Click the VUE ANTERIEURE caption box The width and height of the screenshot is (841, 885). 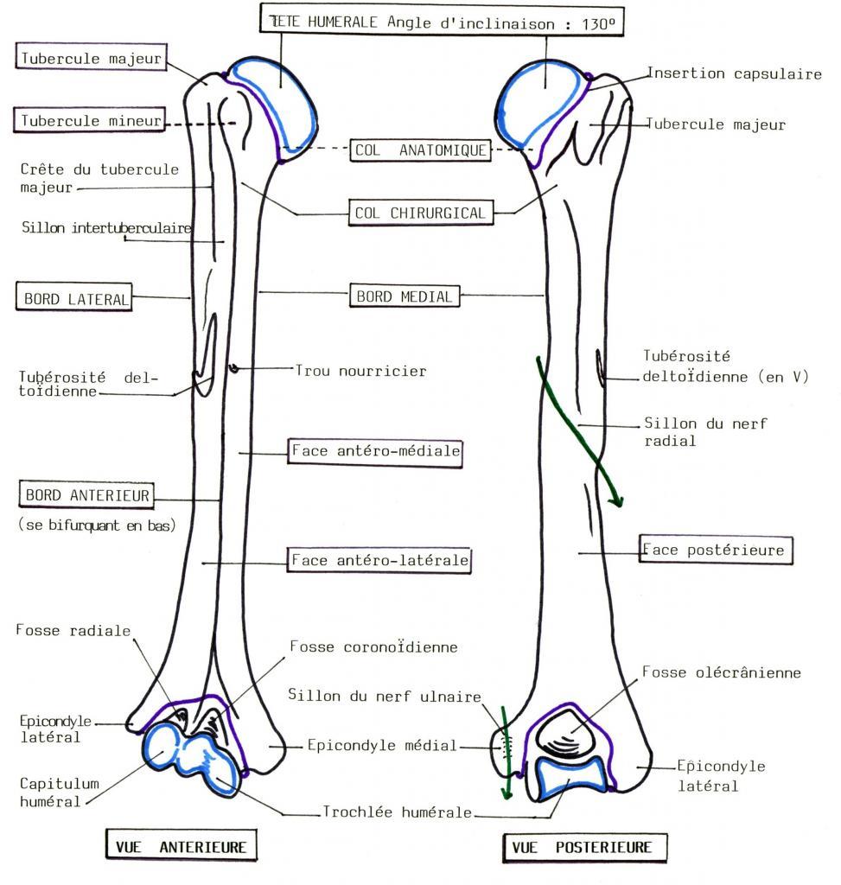tap(180, 847)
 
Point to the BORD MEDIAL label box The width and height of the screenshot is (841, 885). tap(403, 296)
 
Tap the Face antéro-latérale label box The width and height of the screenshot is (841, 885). tap(379, 560)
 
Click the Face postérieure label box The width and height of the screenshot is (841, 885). tap(715, 550)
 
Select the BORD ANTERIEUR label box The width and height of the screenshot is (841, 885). tap(86, 496)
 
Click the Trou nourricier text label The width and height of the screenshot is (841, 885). tap(360, 371)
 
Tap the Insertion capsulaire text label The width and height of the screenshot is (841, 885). tap(735, 74)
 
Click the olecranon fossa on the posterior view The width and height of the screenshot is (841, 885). tap(566, 733)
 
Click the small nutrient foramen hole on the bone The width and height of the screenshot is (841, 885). tap(233, 370)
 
